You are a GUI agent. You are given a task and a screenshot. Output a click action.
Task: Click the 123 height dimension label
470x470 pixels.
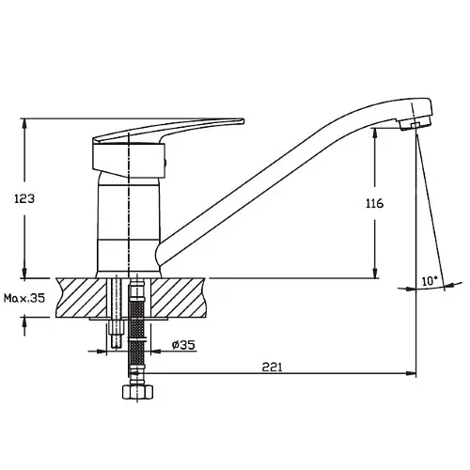(24, 198)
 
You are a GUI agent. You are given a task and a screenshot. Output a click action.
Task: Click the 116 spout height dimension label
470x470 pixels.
(375, 204)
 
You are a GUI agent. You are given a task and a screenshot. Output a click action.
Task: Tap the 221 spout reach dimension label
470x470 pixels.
(272, 367)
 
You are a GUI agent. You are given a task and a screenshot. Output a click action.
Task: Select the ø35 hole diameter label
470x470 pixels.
(183, 345)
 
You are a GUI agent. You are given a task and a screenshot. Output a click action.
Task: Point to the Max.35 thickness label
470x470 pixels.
(24, 298)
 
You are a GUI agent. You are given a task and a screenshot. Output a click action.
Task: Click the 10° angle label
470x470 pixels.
(430, 281)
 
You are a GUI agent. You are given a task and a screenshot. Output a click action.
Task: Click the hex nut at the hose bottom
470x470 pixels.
(137, 392)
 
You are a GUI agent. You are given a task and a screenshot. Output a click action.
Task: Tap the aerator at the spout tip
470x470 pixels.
(415, 123)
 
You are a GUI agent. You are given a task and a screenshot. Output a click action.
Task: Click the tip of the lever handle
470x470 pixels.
(243, 120)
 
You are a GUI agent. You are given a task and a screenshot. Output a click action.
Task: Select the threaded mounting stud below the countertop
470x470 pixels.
(117, 332)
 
